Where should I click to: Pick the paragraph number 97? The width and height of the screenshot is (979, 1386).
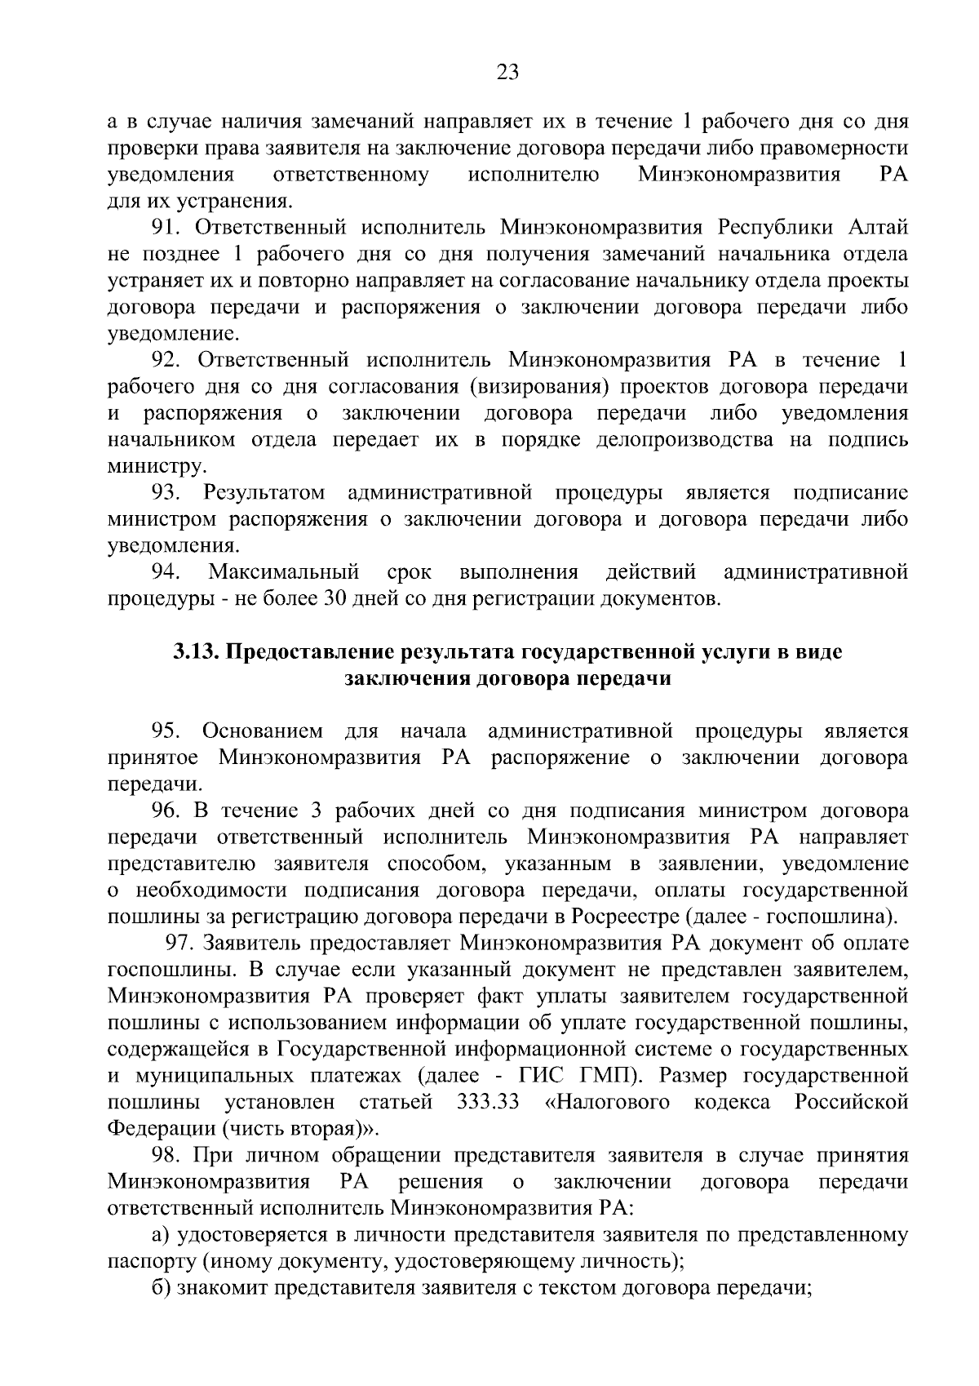180,944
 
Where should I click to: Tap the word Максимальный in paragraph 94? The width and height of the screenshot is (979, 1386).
285,572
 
